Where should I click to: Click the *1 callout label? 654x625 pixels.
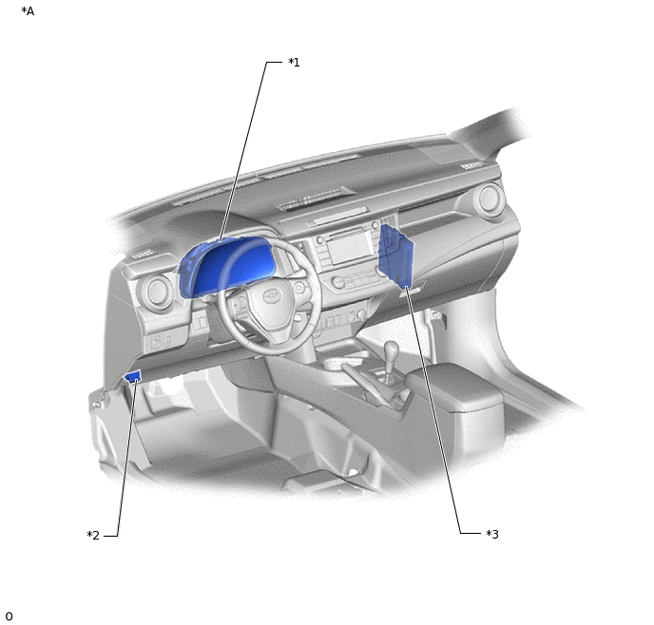point(294,63)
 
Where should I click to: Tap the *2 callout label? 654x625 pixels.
point(93,536)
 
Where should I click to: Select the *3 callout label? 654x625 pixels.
point(492,534)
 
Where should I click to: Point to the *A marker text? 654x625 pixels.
point(28,11)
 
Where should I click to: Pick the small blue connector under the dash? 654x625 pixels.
point(133,377)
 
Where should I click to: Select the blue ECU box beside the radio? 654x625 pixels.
point(396,256)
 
